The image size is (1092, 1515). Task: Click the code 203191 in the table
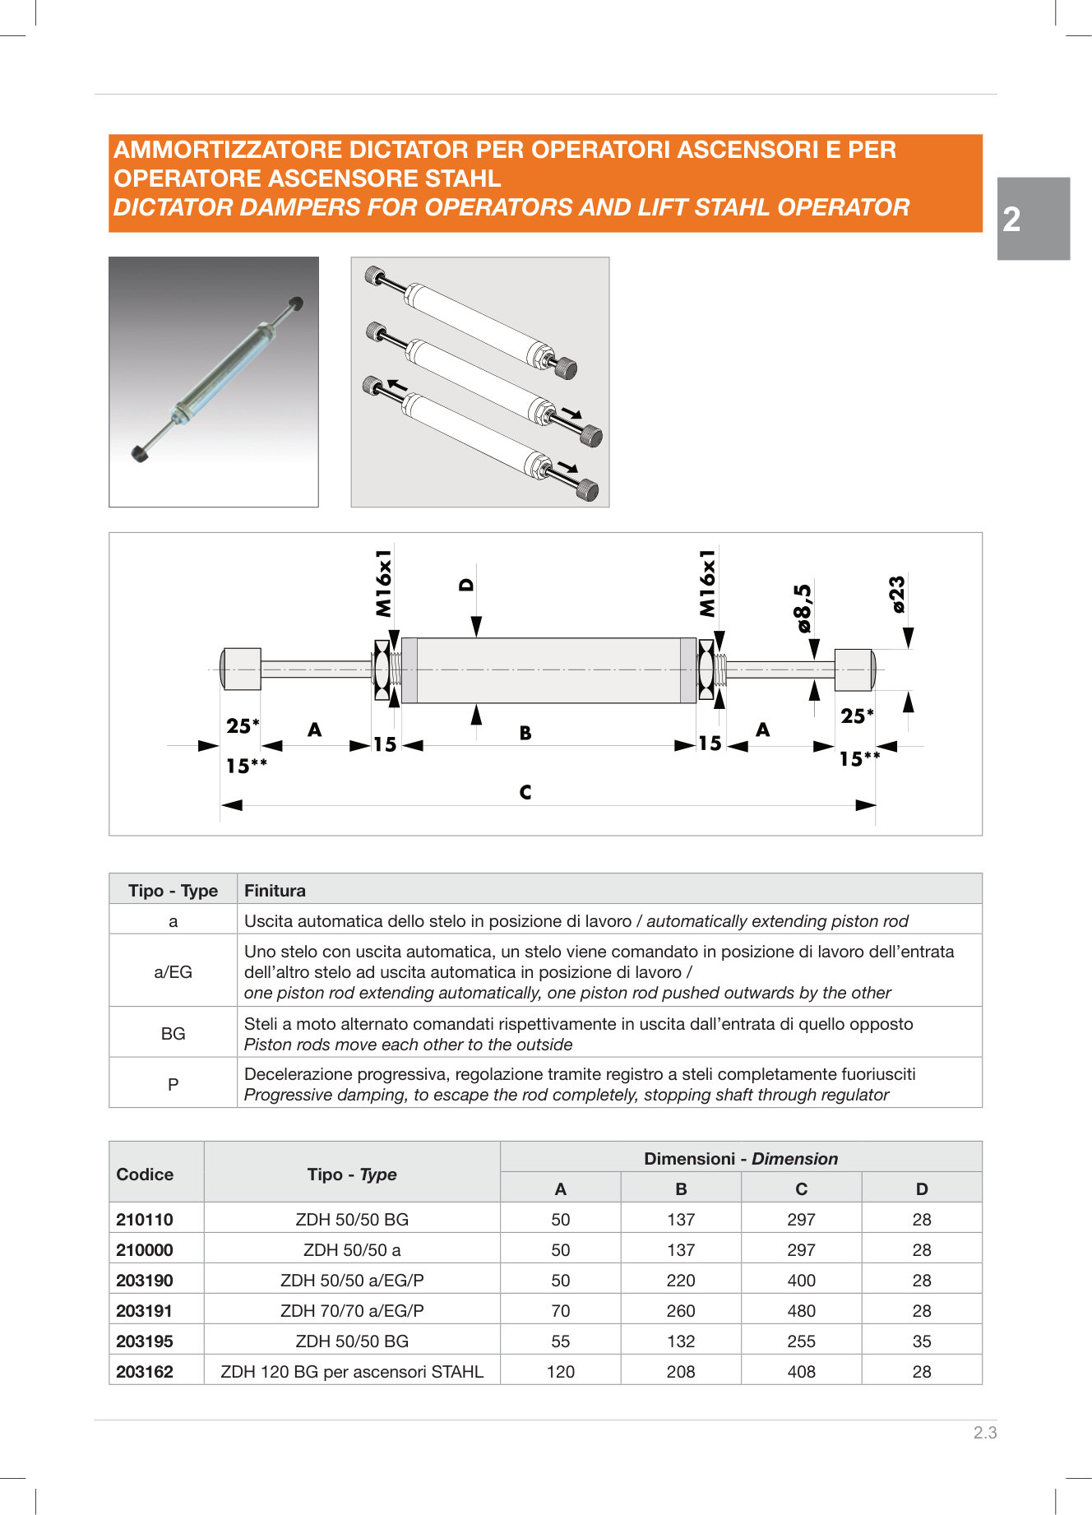[x=145, y=1311]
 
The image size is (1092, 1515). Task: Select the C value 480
[x=801, y=1311]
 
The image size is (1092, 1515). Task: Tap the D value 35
[x=921, y=1341]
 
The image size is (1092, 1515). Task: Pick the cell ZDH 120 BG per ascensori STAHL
[x=352, y=1372]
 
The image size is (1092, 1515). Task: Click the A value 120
[x=560, y=1372]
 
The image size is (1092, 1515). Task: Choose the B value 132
[x=680, y=1341]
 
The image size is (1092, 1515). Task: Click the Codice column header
[x=145, y=1174]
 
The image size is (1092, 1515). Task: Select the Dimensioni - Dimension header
[x=740, y=1159]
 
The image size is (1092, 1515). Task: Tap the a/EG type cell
[x=173, y=972]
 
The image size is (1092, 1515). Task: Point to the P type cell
[x=173, y=1085]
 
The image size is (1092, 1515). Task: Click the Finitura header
[x=275, y=891]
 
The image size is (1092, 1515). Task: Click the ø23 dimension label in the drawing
[x=897, y=594]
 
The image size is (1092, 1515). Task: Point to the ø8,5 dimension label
[x=803, y=608]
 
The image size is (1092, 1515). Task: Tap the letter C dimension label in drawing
[x=525, y=792]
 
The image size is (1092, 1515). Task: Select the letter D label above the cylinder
[x=466, y=585]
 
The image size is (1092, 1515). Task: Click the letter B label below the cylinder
[x=525, y=733]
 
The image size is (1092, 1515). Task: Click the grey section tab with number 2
[x=1033, y=219]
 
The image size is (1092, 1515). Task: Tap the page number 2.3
[x=984, y=1433]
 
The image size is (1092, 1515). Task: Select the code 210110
[x=145, y=1220]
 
